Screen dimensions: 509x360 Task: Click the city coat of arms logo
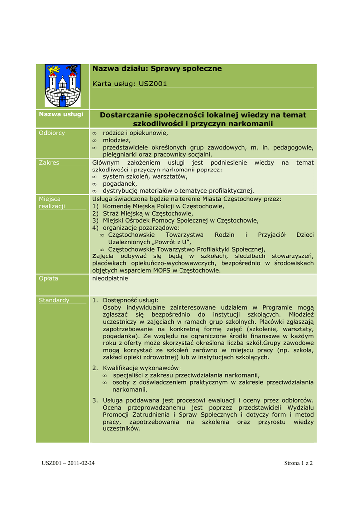point(62,85)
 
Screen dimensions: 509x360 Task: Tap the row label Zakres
point(49,163)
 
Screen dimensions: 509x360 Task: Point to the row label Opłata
point(49,278)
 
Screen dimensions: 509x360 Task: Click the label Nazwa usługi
point(61,115)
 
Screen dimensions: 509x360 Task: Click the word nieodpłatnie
point(110,278)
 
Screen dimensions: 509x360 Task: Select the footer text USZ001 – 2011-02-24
point(68,463)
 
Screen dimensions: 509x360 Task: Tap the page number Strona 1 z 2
point(298,463)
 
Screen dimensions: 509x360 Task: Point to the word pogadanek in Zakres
point(119,183)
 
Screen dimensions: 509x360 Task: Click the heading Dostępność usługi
point(130,300)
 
